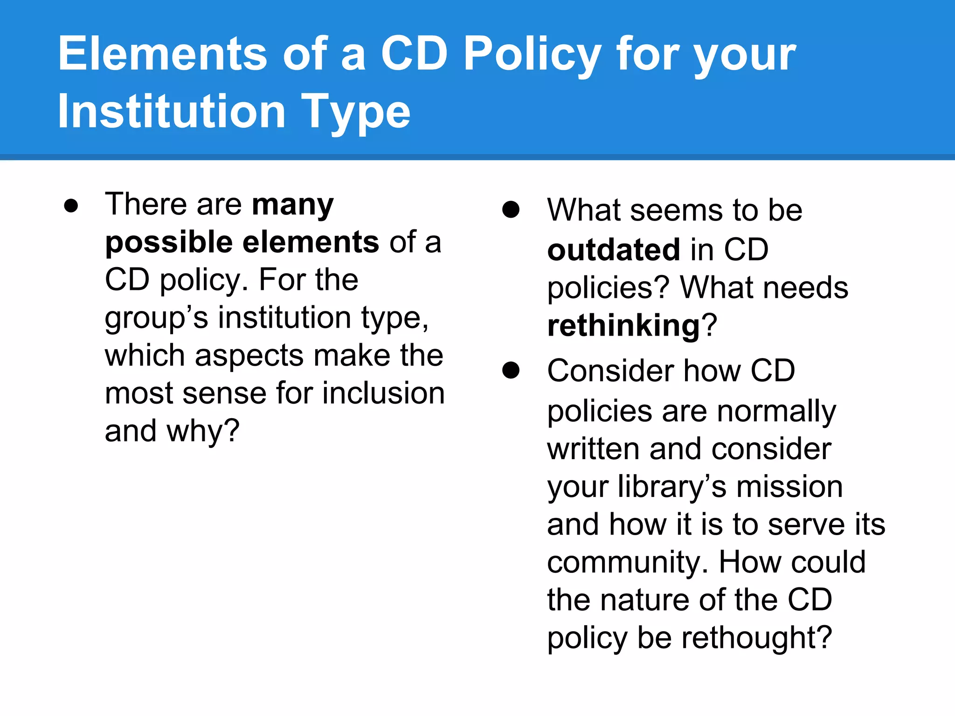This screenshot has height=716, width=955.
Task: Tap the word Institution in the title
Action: tap(171, 112)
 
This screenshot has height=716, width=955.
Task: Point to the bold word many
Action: tap(293, 205)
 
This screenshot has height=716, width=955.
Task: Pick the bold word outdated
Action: tap(613, 250)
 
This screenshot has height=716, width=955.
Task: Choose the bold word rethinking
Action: tap(624, 325)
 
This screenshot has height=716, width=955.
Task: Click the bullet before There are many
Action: tap(71, 206)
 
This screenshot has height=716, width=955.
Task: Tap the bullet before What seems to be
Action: tap(511, 210)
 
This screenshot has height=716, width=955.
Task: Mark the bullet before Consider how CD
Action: tap(511, 371)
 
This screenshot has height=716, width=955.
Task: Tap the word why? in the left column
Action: tap(203, 431)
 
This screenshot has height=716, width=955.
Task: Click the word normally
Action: tap(776, 412)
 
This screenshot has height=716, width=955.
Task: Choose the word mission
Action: tap(789, 487)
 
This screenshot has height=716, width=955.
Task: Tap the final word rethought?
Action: tap(757, 638)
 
